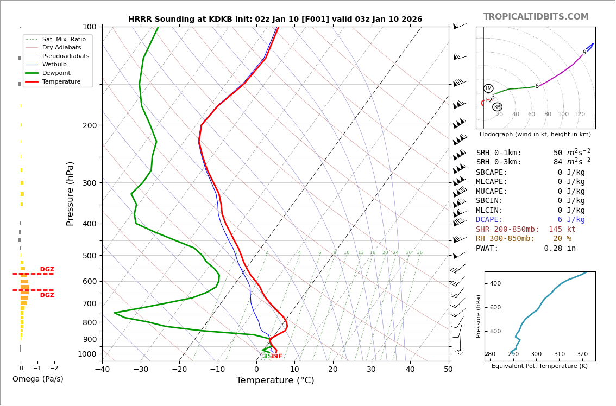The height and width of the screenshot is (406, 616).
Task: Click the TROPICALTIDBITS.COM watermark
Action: [x=536, y=17]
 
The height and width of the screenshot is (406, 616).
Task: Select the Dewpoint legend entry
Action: [x=56, y=73]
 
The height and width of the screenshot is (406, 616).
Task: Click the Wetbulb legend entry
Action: [x=54, y=65]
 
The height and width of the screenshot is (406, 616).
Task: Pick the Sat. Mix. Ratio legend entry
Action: [x=64, y=40]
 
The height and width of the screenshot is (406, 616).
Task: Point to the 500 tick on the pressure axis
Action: [x=90, y=256]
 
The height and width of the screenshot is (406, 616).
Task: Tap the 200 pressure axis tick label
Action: [x=90, y=125]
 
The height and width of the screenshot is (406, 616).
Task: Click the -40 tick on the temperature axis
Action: [x=102, y=370]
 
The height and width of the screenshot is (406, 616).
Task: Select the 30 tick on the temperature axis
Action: [x=371, y=370]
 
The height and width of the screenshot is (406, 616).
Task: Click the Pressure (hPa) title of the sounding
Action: [x=70, y=193]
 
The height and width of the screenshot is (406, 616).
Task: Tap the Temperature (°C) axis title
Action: [x=275, y=380]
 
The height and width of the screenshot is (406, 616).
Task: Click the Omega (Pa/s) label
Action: [x=37, y=379]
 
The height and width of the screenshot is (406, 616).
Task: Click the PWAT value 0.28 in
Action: [x=560, y=249]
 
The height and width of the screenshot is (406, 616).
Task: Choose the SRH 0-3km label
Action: [x=499, y=162]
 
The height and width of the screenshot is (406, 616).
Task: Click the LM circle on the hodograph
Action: [x=488, y=88]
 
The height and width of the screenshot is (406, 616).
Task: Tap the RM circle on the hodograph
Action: [x=497, y=107]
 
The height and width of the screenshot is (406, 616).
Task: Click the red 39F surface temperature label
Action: [x=276, y=356]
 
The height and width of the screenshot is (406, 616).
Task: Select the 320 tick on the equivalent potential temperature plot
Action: [x=582, y=354]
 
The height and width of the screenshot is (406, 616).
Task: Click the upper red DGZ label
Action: [x=47, y=270]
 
